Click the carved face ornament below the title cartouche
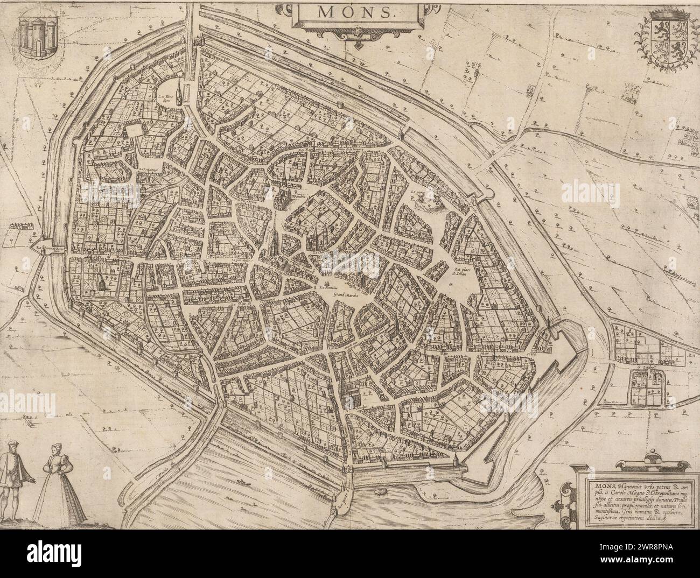pos(356,35)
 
